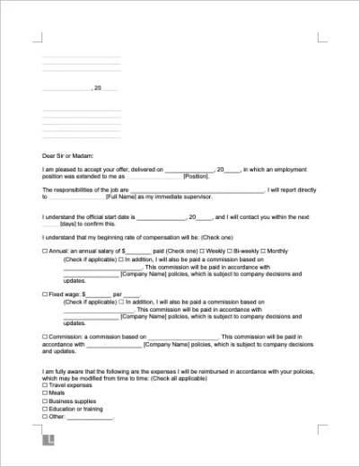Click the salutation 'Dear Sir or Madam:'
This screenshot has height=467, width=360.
tap(66, 154)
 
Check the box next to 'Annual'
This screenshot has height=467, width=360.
tap(45, 251)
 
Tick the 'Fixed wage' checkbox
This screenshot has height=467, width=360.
tap(45, 294)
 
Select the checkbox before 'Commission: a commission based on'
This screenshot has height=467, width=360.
tap(45, 337)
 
